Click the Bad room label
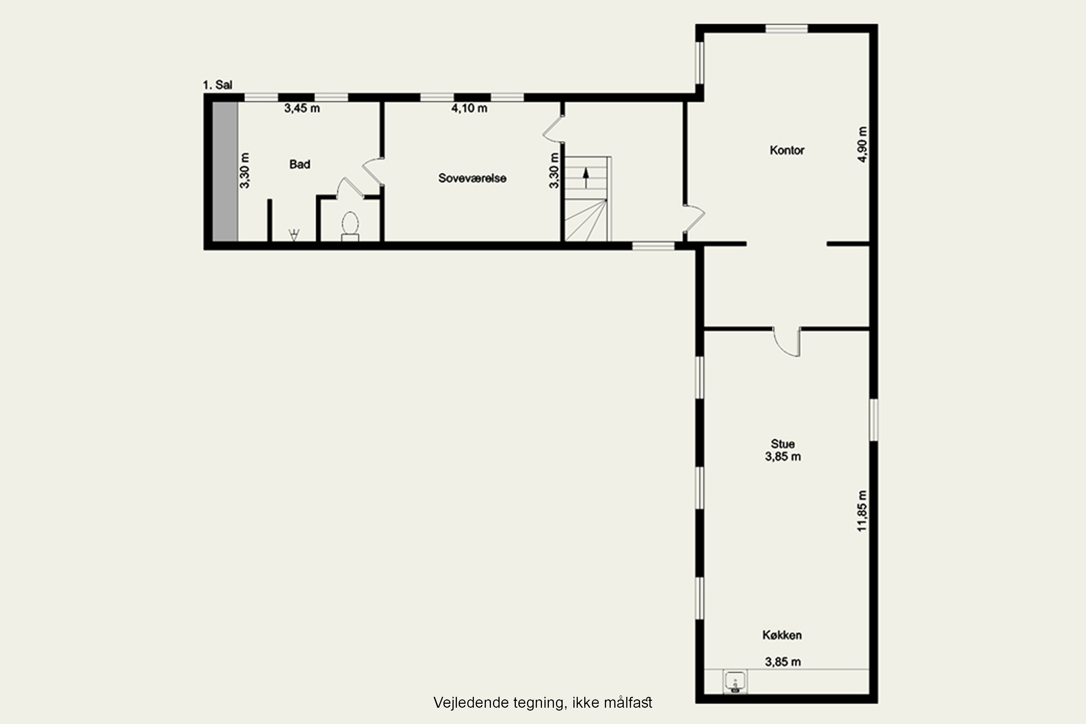[x=300, y=164]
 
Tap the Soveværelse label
[x=472, y=178]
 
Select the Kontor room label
[x=787, y=150]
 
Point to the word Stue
[x=783, y=444]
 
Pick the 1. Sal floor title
[x=218, y=85]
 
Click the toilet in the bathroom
[x=350, y=226]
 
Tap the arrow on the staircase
[x=586, y=178]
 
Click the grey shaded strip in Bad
[x=225, y=171]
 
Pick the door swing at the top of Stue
[x=787, y=342]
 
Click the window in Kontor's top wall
[x=787, y=29]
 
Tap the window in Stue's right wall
[x=874, y=420]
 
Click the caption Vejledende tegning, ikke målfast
[x=543, y=703]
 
